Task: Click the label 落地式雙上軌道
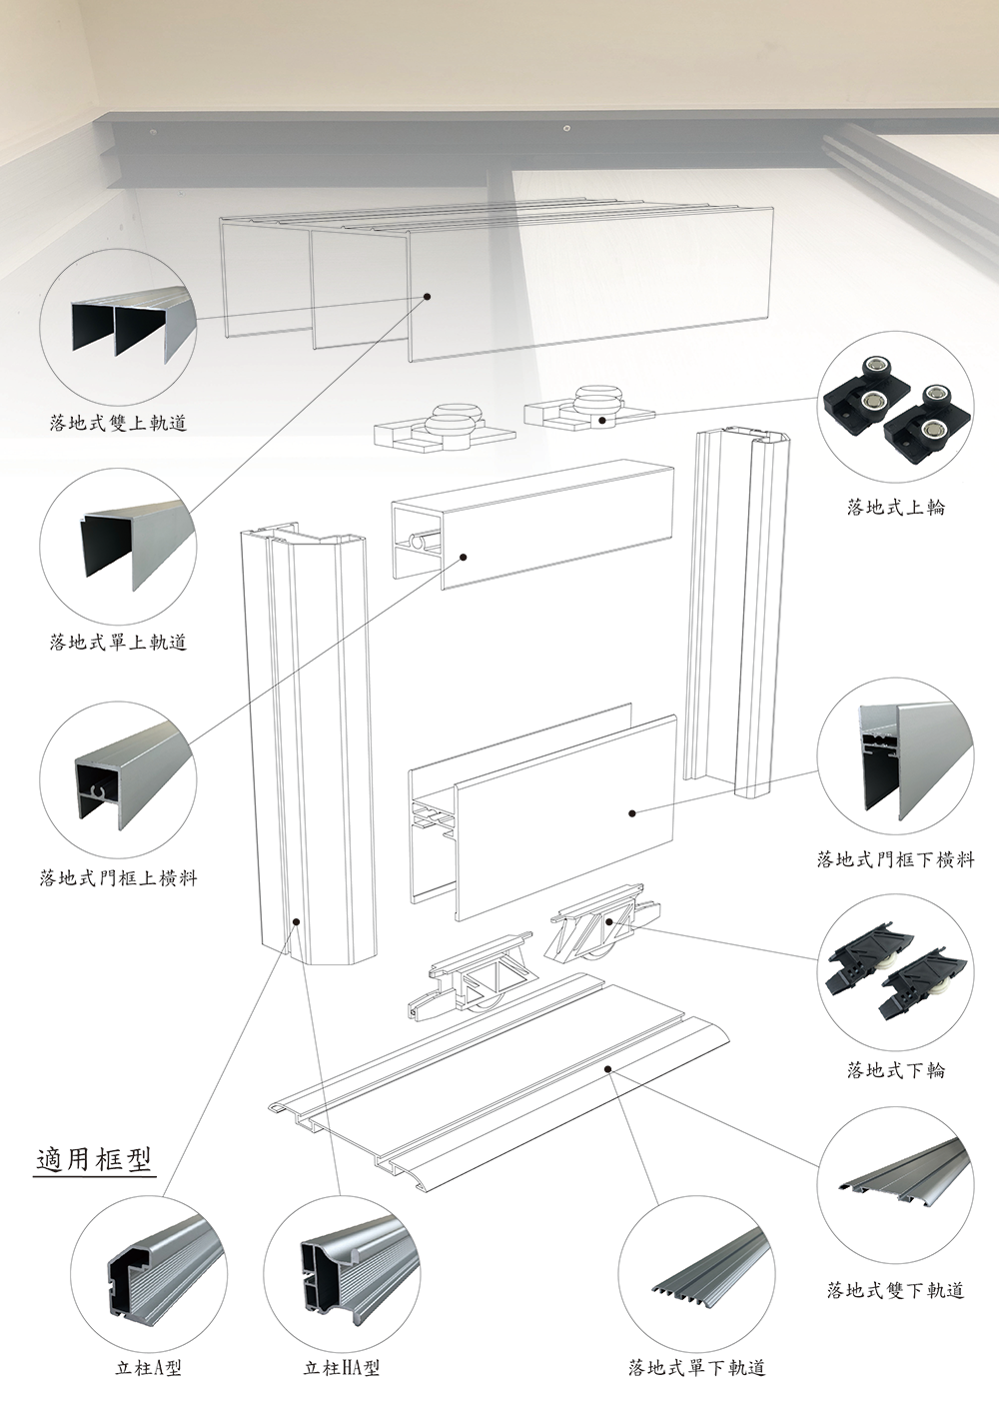tap(118, 423)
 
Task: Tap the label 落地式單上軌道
tap(118, 642)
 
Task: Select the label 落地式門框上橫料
tap(118, 878)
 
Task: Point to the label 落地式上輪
tap(895, 507)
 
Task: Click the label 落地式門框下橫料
tap(895, 858)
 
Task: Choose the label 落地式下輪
tap(895, 1070)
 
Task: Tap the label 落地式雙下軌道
tap(895, 1290)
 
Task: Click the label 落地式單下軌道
tap(696, 1367)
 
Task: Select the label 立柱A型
tap(148, 1368)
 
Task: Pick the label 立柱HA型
tap(342, 1368)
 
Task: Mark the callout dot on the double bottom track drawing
tap(608, 1069)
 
